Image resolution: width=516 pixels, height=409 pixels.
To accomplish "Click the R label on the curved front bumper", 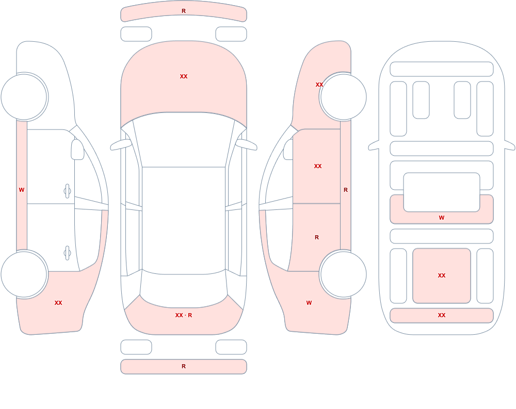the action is click(184, 11).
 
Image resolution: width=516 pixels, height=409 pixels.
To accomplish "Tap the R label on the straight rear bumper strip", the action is click(184, 366).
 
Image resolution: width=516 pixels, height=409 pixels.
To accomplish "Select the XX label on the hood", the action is click(184, 76).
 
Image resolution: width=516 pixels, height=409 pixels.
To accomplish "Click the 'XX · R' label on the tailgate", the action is click(184, 315).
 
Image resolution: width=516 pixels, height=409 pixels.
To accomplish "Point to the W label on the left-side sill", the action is click(22, 190).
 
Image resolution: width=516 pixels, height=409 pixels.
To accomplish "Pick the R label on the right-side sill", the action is click(346, 190).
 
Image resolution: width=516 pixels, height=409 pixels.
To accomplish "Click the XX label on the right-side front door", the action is click(317, 166).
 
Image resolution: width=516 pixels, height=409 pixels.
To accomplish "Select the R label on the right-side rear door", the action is click(317, 237).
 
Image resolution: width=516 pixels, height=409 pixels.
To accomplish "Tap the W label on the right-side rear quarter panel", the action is click(309, 303).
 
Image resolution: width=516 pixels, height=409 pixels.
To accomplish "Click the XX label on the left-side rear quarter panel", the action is click(58, 303).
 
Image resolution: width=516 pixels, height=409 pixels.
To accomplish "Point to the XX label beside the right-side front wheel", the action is click(319, 85).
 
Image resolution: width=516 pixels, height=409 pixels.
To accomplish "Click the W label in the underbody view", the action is click(442, 218).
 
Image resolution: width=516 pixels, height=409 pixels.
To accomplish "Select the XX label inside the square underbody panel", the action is click(442, 275).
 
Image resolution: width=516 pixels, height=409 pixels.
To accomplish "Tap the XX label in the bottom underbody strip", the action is click(442, 315).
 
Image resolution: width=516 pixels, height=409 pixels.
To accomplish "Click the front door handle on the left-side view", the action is click(67, 191).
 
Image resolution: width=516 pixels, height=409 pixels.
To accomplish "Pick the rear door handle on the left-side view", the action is click(67, 253).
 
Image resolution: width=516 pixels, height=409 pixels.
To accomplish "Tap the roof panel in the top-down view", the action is click(184, 220).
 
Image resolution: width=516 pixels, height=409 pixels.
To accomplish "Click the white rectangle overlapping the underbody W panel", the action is click(442, 192).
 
